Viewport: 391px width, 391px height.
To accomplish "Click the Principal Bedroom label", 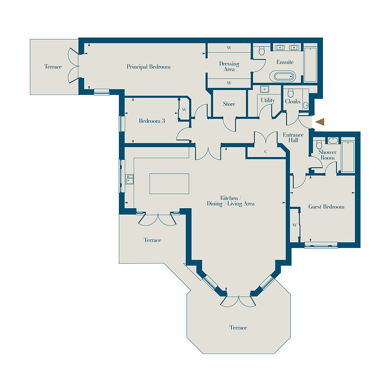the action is point(148,67).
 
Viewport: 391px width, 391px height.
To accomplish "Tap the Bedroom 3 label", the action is point(152,121).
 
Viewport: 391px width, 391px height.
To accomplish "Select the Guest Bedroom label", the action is point(326,207).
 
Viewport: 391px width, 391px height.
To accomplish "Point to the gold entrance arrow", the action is point(320,122).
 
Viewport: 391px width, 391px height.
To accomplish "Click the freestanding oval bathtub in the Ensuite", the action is point(283,76).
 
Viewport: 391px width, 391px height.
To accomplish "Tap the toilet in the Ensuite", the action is point(261,50).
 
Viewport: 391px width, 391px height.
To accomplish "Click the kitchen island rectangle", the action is point(169,184).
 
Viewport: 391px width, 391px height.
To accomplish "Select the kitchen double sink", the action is point(130,179).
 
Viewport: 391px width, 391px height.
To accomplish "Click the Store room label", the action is point(229,104).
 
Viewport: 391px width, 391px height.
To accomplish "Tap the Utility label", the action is point(268,100).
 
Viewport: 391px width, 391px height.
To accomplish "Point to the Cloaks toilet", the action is point(290,93).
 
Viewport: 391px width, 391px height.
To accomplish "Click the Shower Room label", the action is point(327,155).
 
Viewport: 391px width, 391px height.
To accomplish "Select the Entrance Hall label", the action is point(293,137).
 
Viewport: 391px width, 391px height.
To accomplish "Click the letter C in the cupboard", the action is point(266,152).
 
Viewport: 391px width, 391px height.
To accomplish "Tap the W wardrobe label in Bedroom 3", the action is point(184,110).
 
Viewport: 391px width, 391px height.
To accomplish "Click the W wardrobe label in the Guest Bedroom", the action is point(295,225).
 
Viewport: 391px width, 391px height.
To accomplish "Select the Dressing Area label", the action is point(229,66).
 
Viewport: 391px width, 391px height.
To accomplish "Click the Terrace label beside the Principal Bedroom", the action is point(53,67).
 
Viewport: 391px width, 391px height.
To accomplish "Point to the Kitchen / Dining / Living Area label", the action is point(230,201).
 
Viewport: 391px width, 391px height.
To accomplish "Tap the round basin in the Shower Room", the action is point(333,140).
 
